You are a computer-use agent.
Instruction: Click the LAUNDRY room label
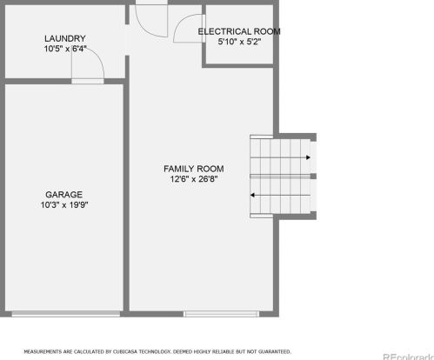coord(65,38)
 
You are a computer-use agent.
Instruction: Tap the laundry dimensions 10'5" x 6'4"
coord(65,49)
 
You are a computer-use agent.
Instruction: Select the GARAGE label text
coord(64,195)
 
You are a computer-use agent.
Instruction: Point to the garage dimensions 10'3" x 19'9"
coord(64,205)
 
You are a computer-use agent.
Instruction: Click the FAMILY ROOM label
coord(194,169)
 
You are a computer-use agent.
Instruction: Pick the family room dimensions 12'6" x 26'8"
coord(194,179)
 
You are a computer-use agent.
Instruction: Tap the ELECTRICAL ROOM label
coord(239,31)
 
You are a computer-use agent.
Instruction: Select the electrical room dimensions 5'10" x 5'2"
coord(239,42)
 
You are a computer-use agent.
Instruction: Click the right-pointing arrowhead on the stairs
coord(308,157)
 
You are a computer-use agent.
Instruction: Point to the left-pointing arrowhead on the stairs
coord(252,195)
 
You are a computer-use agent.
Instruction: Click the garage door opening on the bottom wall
coord(66,314)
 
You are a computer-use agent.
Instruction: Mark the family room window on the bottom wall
coord(222,314)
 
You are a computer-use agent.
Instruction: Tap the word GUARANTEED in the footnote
coord(274,352)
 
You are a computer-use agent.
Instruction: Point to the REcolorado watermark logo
coord(409,357)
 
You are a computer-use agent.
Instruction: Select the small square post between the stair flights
coord(313,177)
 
